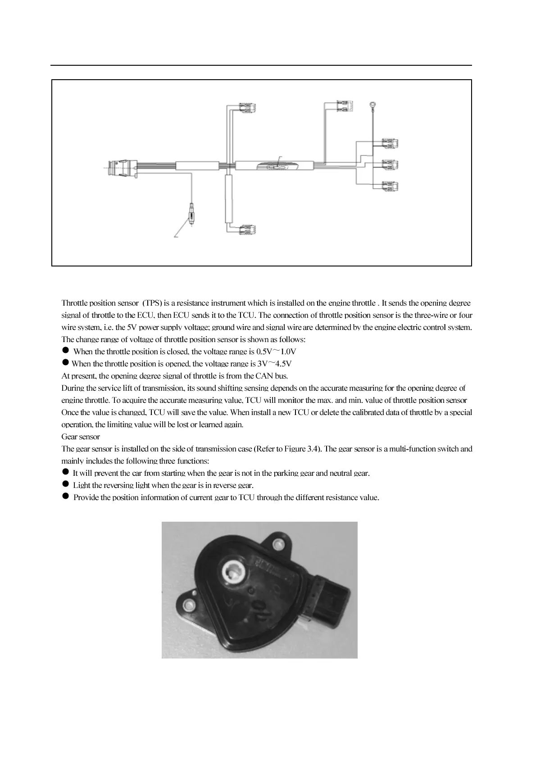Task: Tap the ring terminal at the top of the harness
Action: pos(372,106)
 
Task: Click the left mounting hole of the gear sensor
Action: pos(188,604)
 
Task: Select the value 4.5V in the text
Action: pos(283,364)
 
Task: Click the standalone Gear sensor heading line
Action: pos(81,437)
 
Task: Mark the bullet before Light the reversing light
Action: pos(65,484)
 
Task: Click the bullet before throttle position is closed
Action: pos(65,351)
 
